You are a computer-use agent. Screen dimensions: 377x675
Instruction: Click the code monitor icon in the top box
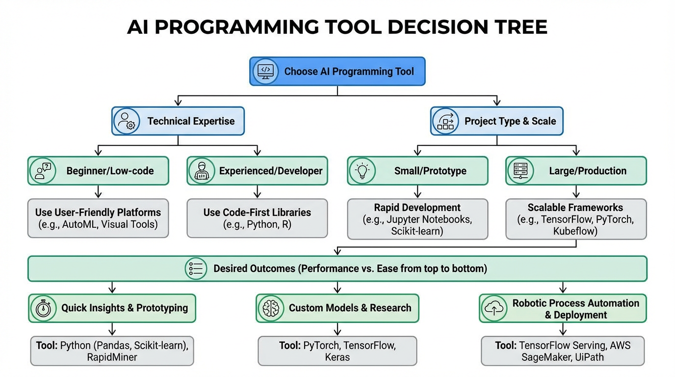tap(265, 71)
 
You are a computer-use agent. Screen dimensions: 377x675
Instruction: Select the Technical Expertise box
tap(178, 121)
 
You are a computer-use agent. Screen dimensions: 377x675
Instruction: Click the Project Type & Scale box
tap(496, 121)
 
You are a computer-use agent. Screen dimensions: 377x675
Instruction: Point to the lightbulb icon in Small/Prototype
tap(362, 171)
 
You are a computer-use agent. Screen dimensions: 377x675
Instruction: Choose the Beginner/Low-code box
tap(98, 171)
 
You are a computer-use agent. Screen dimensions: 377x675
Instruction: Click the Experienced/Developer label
tap(271, 171)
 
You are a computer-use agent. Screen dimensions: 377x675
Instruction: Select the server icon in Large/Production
tap(520, 171)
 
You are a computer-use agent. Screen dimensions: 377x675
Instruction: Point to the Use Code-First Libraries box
tap(257, 218)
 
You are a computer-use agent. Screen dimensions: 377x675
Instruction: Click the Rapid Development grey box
tap(417, 218)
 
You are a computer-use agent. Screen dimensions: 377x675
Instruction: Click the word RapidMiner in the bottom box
tap(112, 357)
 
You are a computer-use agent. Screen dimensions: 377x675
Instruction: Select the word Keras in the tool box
tap(337, 357)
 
